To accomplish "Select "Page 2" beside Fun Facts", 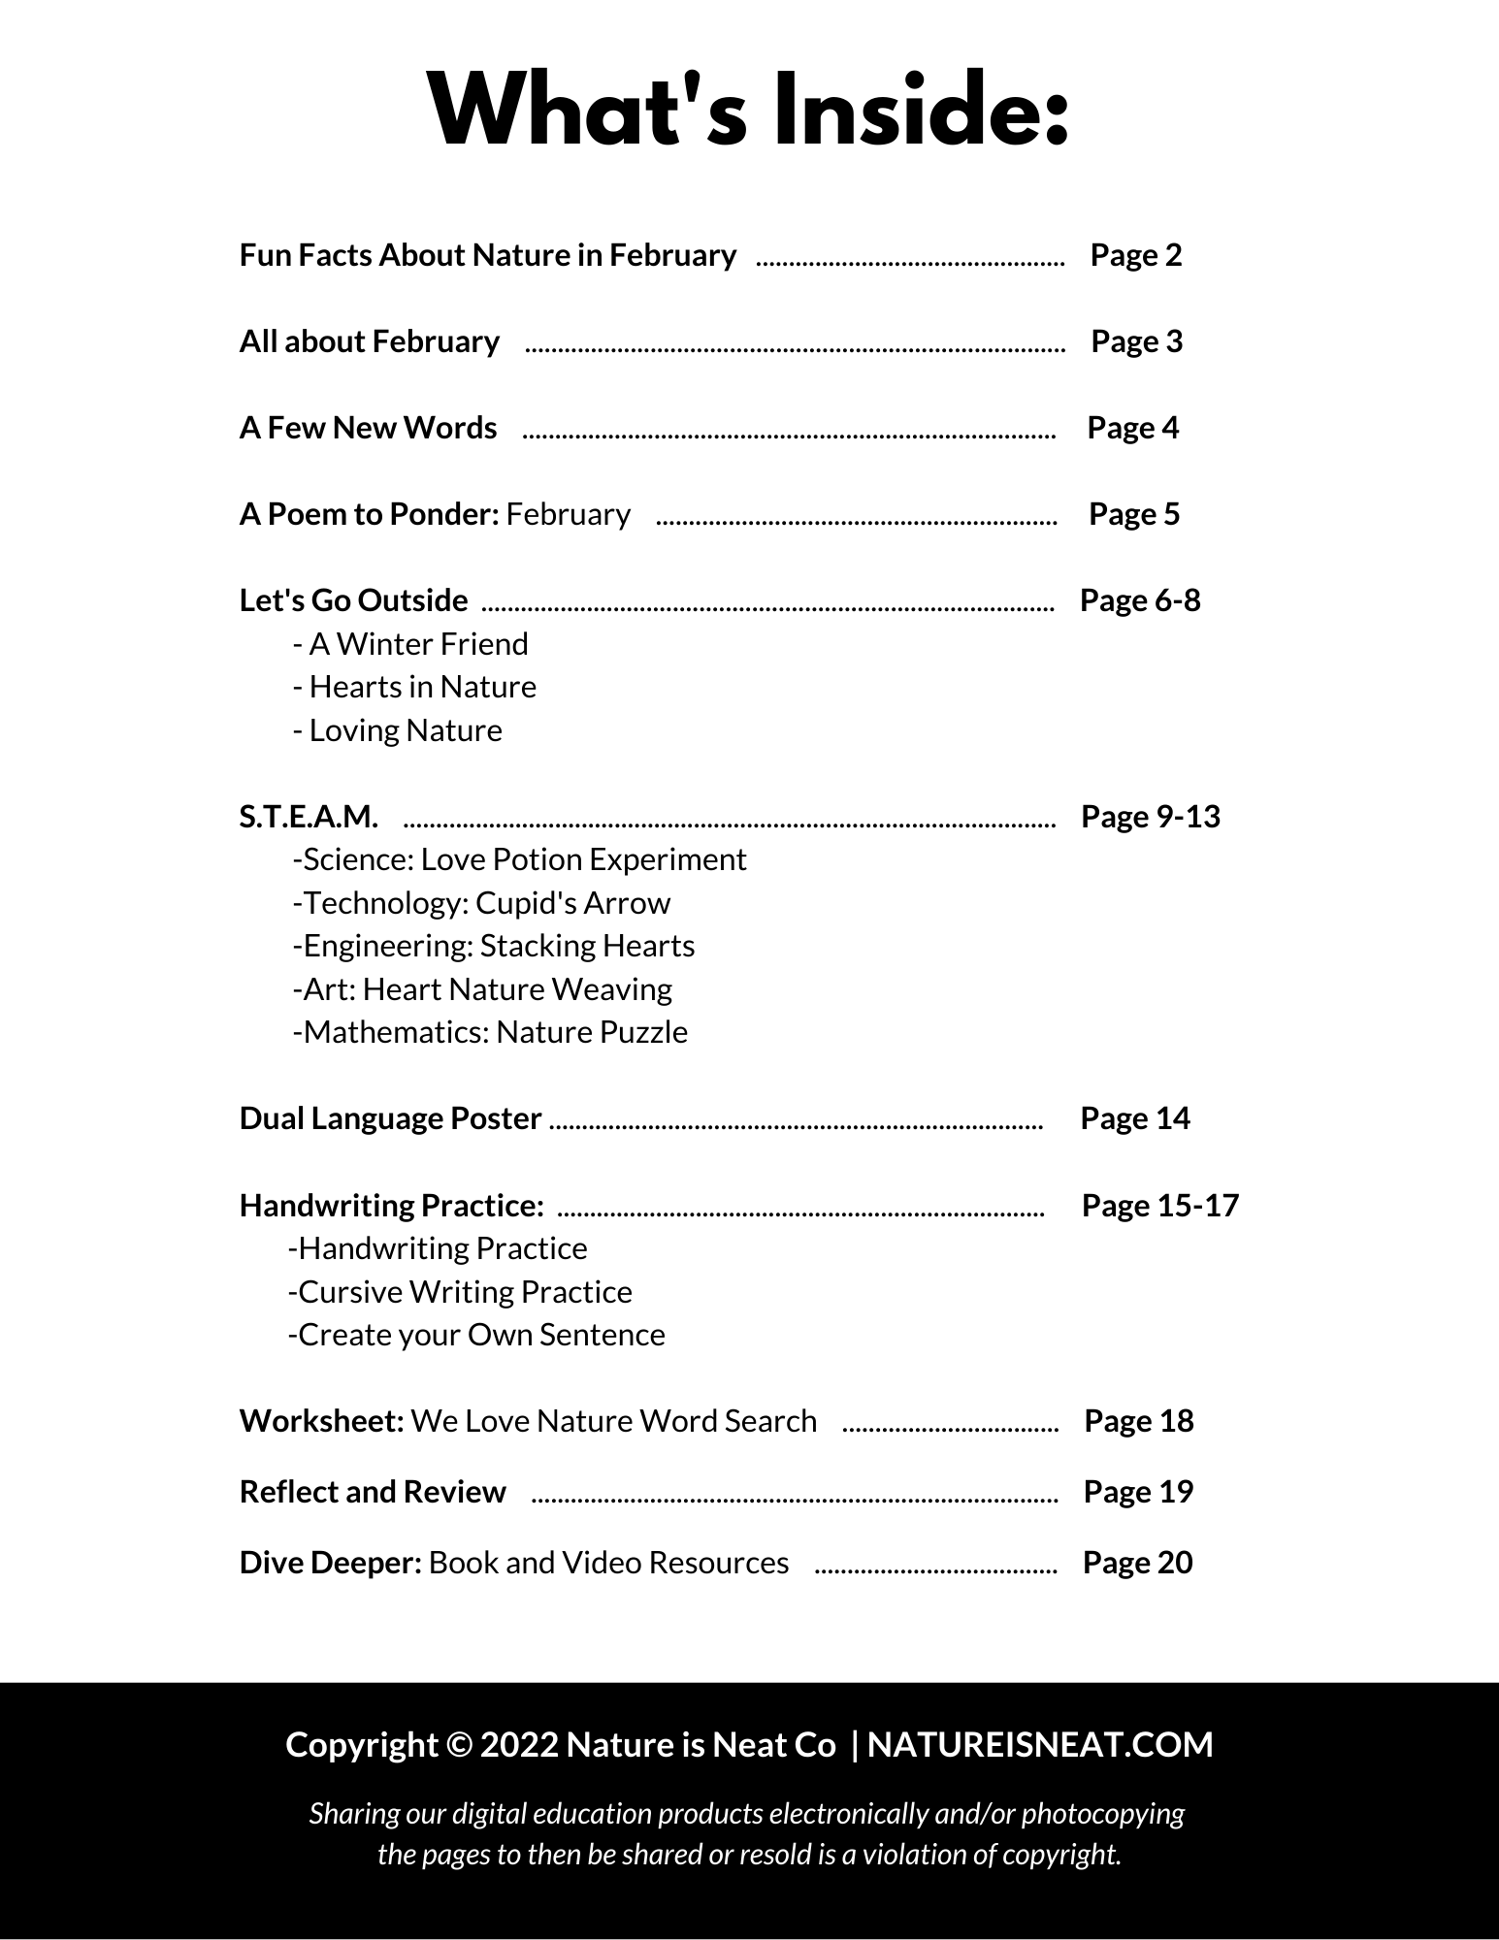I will coord(1135,255).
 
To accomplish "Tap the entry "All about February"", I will coord(369,341).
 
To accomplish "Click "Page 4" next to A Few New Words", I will coord(1132,428).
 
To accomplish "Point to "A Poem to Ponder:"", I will coord(369,514).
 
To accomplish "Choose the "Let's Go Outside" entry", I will coord(353,600).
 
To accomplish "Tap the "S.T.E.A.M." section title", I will coord(309,817).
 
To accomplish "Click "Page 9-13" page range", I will coord(1150,817).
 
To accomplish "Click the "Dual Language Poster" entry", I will coord(390,1118).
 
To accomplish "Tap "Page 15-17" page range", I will coord(1159,1206).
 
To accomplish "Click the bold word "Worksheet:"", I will coord(321,1421).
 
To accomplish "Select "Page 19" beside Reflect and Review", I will coord(1137,1492).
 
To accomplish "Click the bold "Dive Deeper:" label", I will coord(330,1563).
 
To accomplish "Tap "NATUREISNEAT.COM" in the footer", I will coord(1039,1745).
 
